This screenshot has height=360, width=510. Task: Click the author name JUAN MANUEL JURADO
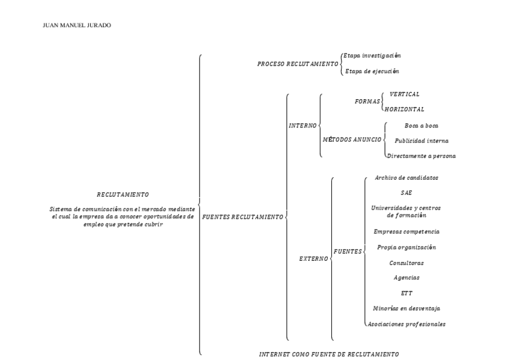pyautogui.click(x=69, y=25)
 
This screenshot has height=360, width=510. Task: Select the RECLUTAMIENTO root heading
pyautogui.click(x=123, y=195)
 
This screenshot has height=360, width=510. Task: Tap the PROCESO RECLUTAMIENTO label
pyautogui.click(x=298, y=64)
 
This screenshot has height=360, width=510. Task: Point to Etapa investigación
pyautogui.click(x=372, y=55)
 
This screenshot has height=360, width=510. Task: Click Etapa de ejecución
pyautogui.click(x=371, y=71)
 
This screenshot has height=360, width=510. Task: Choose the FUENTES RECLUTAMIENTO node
pyautogui.click(x=242, y=216)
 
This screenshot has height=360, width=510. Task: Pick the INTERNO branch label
pyautogui.click(x=303, y=126)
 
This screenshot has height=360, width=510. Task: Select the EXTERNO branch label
pyautogui.click(x=313, y=259)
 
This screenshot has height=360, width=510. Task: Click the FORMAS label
pyautogui.click(x=367, y=102)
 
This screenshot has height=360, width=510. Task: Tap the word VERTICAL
pyautogui.click(x=404, y=94)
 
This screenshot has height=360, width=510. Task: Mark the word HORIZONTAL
pyautogui.click(x=405, y=109)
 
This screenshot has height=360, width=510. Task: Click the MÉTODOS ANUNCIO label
pyautogui.click(x=352, y=139)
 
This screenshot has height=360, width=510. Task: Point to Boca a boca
pyautogui.click(x=422, y=126)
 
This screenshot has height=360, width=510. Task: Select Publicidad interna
pyautogui.click(x=421, y=141)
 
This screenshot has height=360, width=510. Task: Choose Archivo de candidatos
pyautogui.click(x=406, y=178)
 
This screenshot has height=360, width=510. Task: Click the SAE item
pyautogui.click(x=406, y=193)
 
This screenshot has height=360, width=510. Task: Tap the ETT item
pyautogui.click(x=406, y=293)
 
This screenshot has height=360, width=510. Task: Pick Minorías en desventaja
pyautogui.click(x=406, y=308)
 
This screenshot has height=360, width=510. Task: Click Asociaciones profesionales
pyautogui.click(x=407, y=324)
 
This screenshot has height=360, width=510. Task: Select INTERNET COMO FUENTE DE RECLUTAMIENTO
pyautogui.click(x=328, y=354)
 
